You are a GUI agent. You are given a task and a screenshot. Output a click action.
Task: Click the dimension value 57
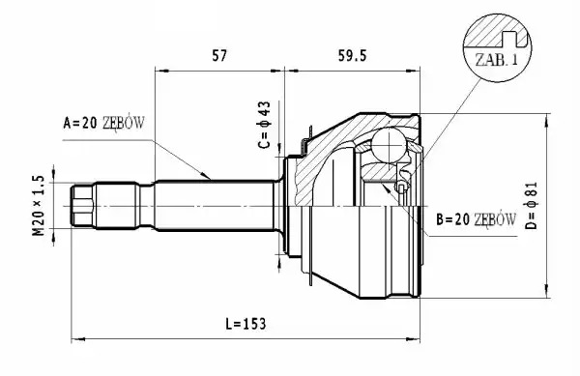tap(219, 56)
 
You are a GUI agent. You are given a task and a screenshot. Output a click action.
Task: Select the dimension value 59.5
tap(352, 56)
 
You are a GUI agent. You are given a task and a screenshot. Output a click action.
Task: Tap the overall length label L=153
tap(246, 324)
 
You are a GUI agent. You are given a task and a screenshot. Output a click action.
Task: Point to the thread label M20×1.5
tap(39, 205)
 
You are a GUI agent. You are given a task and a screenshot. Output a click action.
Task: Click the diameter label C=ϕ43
tap(265, 125)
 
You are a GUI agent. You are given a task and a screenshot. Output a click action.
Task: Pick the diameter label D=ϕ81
tap(532, 206)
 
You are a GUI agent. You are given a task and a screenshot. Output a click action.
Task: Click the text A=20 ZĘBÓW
tap(104, 123)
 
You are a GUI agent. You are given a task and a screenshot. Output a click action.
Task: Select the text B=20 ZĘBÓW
tap(476, 219)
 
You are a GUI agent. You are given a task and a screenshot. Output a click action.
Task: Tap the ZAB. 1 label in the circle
tap(497, 59)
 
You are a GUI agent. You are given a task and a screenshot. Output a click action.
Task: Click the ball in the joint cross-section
tap(389, 145)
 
